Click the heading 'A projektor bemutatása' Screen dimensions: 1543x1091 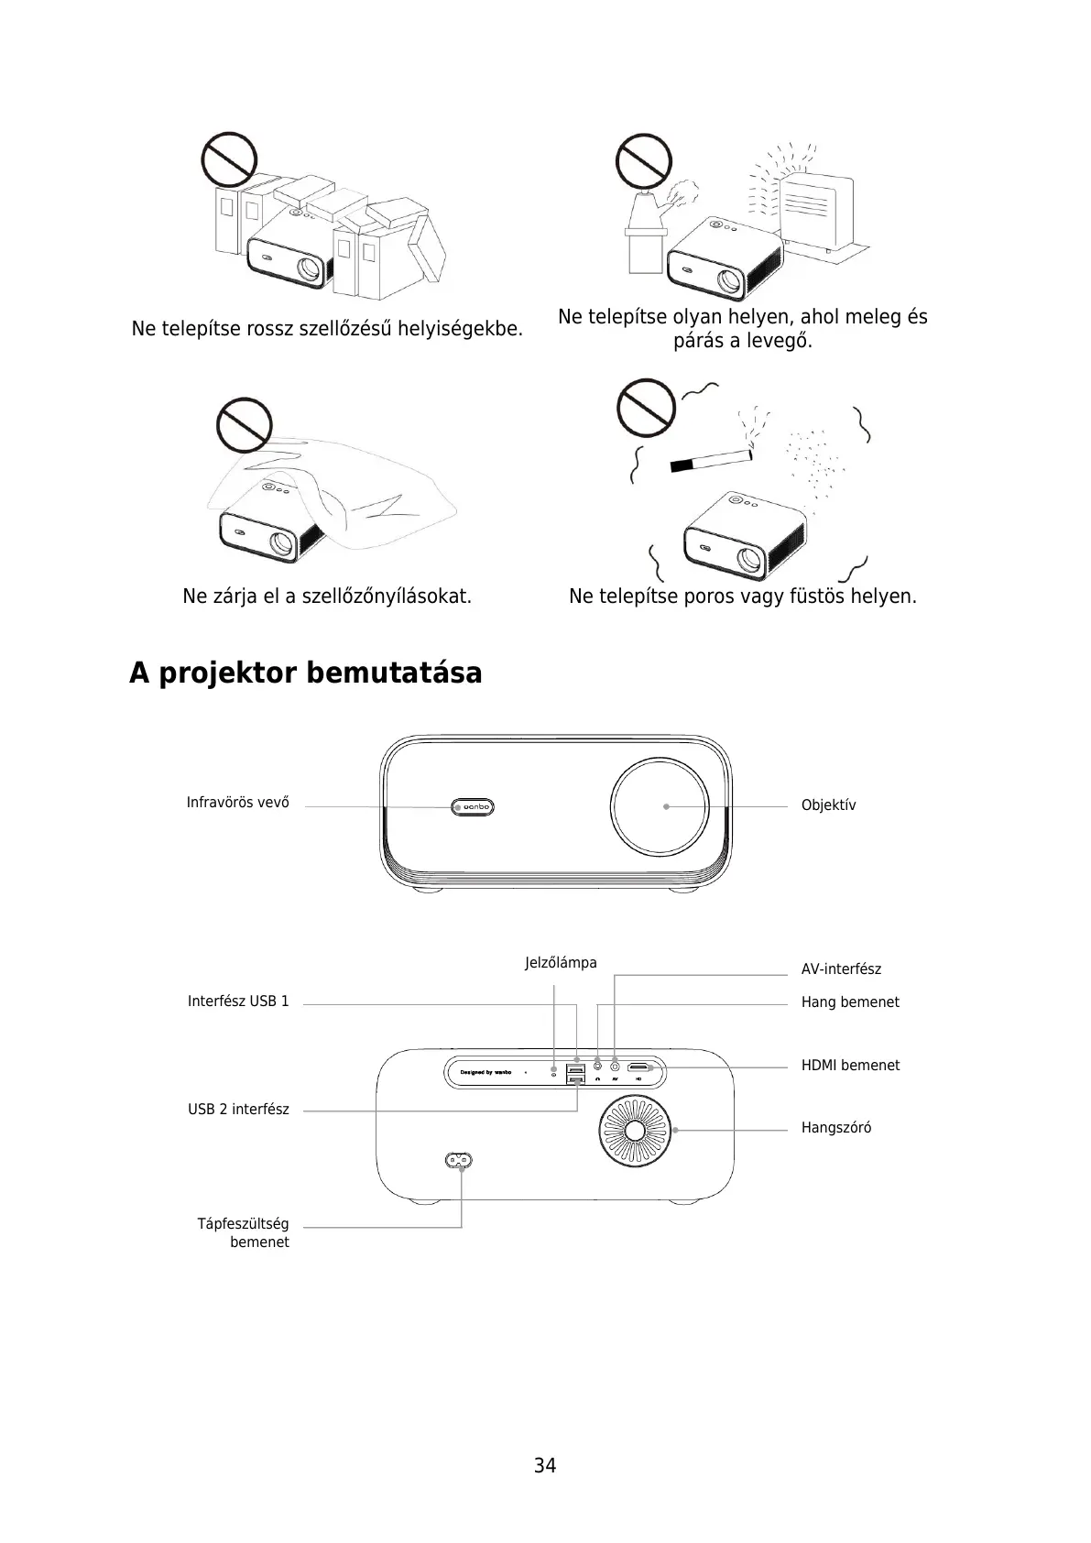point(305,673)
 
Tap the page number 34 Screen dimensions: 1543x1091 point(545,1465)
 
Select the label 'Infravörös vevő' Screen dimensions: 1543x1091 point(237,803)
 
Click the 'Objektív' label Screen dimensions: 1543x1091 point(828,805)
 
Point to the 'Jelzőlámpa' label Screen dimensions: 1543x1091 point(561,963)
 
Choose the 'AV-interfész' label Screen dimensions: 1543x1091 point(841,969)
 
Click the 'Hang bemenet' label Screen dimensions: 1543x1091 point(850,1002)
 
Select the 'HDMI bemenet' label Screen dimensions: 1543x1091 point(850,1066)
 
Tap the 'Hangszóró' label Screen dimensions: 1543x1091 point(836,1128)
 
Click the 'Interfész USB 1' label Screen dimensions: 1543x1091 point(238,1001)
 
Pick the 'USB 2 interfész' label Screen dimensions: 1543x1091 point(238,1110)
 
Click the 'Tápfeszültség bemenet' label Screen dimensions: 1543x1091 point(244,1233)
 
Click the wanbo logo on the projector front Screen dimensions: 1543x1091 point(475,807)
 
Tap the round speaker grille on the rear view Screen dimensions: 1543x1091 point(635,1130)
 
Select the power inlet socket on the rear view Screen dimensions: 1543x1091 point(461,1160)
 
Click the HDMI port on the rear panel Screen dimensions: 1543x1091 point(638,1067)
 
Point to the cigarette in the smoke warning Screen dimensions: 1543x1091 point(710,458)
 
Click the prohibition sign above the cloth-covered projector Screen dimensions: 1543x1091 point(245,425)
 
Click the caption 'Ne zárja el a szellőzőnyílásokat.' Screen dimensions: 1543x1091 point(327,596)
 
